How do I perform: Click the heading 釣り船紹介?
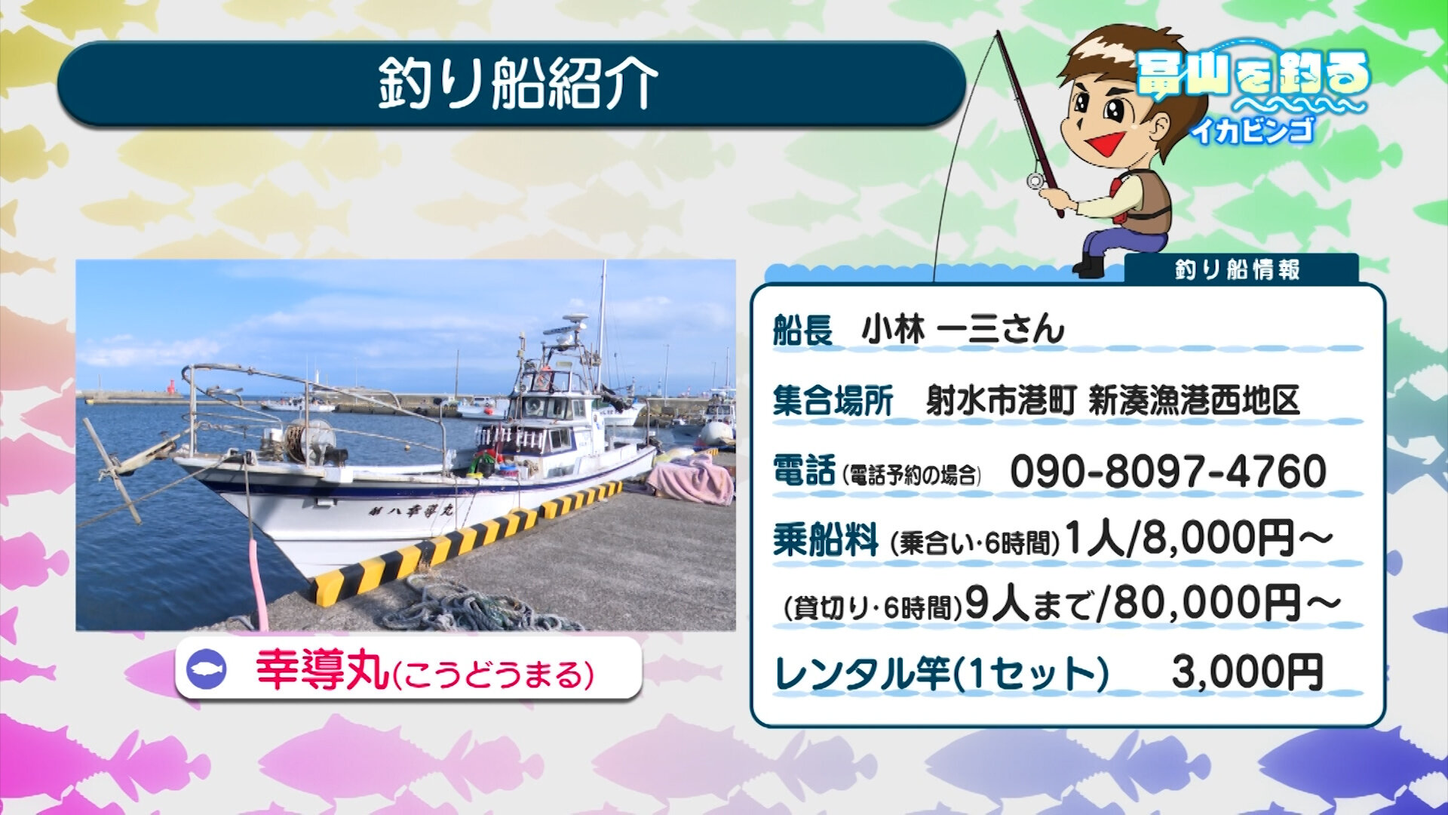click(518, 83)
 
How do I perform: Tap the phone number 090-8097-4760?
click(1167, 472)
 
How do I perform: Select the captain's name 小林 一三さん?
click(963, 330)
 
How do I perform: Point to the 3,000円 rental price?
click(1247, 672)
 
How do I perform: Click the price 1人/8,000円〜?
click(1199, 539)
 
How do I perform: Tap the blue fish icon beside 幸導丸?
click(207, 669)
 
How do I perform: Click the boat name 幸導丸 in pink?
click(322, 671)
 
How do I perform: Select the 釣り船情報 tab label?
click(1238, 269)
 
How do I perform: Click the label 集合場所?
click(833, 401)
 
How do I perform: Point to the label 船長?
click(802, 330)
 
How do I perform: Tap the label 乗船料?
click(825, 540)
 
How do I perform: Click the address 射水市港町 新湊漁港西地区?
click(1113, 401)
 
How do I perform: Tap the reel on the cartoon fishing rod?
click(1035, 180)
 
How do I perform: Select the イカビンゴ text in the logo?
click(1252, 131)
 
